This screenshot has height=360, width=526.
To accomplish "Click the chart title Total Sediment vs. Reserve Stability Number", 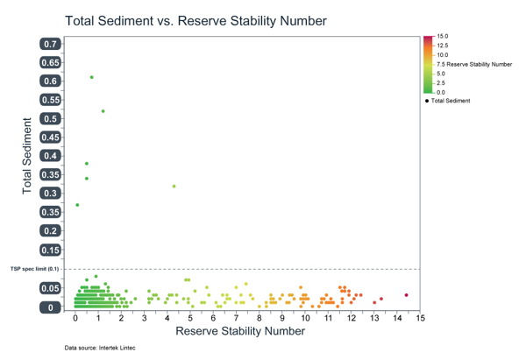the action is tap(195, 21).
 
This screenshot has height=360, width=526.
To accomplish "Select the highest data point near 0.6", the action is tap(91, 77).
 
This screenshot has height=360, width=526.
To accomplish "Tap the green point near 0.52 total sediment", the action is tap(103, 111).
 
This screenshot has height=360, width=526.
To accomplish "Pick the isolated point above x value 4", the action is tap(174, 187).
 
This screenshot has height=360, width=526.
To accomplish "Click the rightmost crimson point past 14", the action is tap(406, 295).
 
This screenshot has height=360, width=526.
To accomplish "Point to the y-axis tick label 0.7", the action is tap(50, 44).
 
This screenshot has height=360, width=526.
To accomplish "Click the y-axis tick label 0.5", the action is tap(50, 118).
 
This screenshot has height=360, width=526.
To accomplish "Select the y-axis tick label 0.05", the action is tap(50, 288).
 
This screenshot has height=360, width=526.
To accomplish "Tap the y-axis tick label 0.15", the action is tap(50, 250).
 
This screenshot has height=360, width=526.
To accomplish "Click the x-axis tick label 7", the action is tap(236, 318).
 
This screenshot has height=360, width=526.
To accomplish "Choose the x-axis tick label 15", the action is tap(420, 318).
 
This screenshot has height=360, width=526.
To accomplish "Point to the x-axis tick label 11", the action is tap(328, 318).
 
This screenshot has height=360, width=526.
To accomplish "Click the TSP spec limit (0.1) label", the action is tap(34, 269).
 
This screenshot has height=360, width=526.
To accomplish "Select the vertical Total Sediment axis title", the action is tap(27, 156).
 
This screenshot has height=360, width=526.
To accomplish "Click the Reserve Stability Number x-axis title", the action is tap(240, 331).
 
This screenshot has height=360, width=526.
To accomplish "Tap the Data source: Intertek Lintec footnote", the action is tap(100, 348).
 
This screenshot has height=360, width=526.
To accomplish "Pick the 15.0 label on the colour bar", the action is tap(443, 36).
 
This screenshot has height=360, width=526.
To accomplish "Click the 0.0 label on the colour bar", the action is tap(441, 93).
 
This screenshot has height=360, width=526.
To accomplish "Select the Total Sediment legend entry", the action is tap(447, 101).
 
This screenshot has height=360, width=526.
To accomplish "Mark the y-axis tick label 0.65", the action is tap(50, 63).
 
